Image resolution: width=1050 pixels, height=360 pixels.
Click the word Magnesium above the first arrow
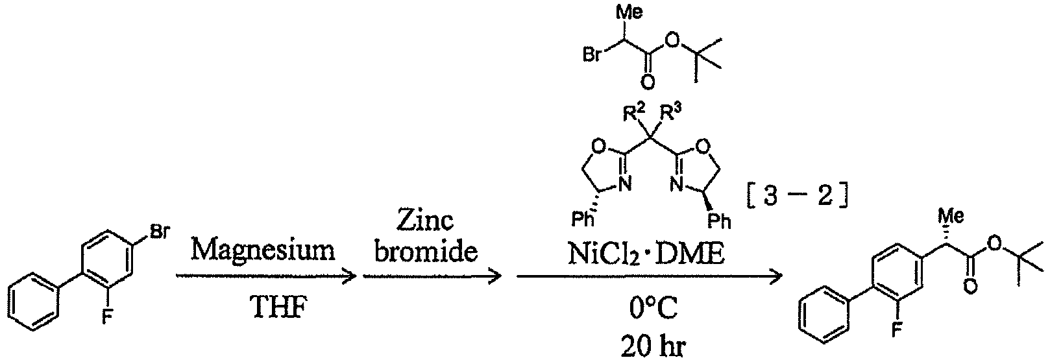point(263,250)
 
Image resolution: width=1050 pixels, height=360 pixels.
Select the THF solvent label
point(278,308)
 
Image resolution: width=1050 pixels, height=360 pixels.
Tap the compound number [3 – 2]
point(796,196)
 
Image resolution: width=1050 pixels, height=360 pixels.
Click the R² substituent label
point(635,113)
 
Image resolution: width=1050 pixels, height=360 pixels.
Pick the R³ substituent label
point(671,113)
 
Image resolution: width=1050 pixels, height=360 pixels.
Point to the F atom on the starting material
point(107,318)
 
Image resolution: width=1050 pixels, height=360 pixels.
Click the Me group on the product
point(951,216)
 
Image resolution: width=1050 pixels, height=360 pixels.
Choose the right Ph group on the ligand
point(719,221)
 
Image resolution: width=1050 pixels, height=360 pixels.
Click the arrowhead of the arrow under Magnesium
point(349,276)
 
